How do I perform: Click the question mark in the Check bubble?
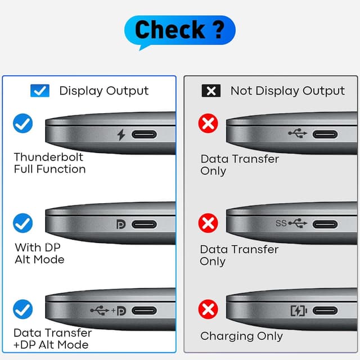pyautogui.click(x=219, y=29)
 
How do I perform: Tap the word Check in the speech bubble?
pyautogui.click(x=170, y=29)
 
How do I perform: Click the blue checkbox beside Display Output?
pyautogui.click(x=40, y=91)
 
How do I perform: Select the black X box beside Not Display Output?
pyautogui.click(x=211, y=91)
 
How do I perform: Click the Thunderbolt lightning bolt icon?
pyautogui.click(x=121, y=134)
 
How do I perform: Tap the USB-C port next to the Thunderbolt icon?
pyautogui.click(x=144, y=134)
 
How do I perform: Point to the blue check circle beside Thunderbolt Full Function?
pyautogui.click(x=22, y=123)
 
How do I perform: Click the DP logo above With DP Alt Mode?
pyautogui.click(x=121, y=224)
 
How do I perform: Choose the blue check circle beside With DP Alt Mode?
pyautogui.click(x=22, y=223)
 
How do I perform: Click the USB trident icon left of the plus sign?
pyautogui.click(x=100, y=310)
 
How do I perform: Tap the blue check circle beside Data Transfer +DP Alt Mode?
pyautogui.click(x=22, y=309)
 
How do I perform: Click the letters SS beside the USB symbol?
pyautogui.click(x=281, y=223)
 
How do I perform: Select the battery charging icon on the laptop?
pyautogui.click(x=299, y=310)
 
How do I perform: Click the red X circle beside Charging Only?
pyautogui.click(x=208, y=309)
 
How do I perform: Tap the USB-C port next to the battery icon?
pyautogui.click(x=325, y=310)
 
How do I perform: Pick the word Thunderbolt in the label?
pyautogui.click(x=48, y=157)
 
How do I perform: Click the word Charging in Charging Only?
pyautogui.click(x=227, y=336)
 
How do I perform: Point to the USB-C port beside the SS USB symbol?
pyautogui.click(x=325, y=224)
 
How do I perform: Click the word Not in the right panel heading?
pyautogui.click(x=241, y=91)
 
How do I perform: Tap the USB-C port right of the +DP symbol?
pyautogui.click(x=145, y=310)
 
